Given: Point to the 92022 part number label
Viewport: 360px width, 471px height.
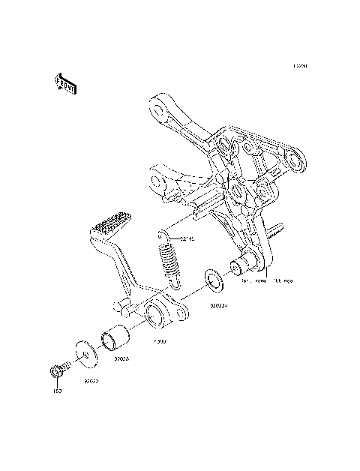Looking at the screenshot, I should tap(91, 381).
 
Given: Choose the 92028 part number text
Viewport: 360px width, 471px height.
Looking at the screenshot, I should tap(121, 358).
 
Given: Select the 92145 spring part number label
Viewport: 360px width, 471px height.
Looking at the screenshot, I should tap(186, 239).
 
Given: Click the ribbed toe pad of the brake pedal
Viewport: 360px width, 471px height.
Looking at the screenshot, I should tap(112, 225).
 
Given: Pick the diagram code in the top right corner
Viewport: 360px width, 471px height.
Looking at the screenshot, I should tap(300, 66).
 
